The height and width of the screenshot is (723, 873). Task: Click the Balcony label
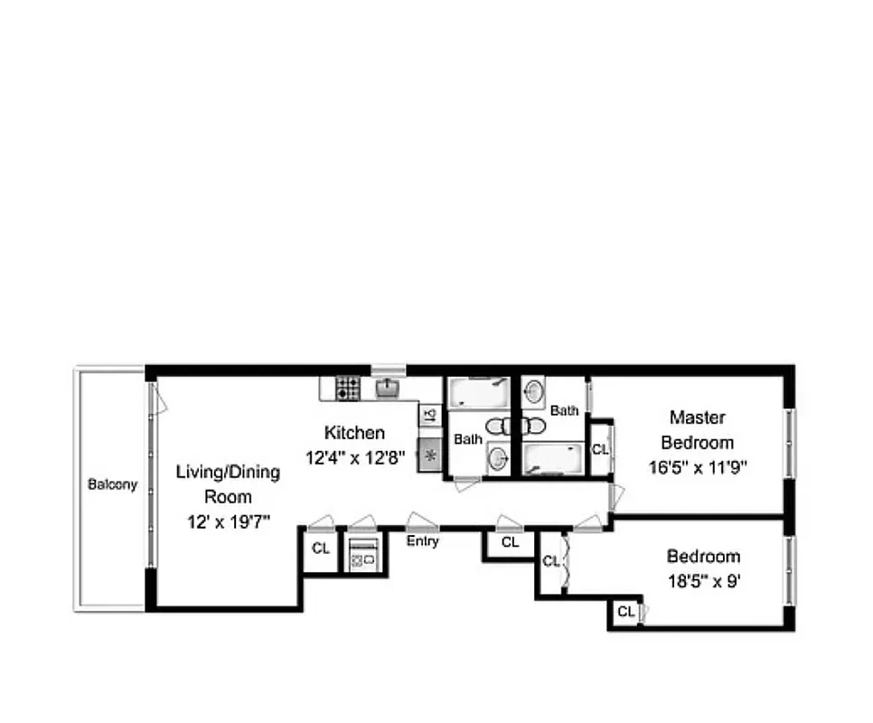pyautogui.click(x=113, y=484)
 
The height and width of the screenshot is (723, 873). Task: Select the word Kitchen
pyautogui.click(x=355, y=433)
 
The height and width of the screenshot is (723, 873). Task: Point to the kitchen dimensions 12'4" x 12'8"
pyautogui.click(x=355, y=457)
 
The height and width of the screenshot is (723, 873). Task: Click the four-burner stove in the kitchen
pyautogui.click(x=348, y=389)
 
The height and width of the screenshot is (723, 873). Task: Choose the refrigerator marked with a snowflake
pyautogui.click(x=430, y=455)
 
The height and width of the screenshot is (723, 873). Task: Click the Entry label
pyautogui.click(x=422, y=541)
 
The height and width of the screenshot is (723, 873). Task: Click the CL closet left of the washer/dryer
pyautogui.click(x=320, y=548)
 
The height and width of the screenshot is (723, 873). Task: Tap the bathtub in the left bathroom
pyautogui.click(x=478, y=394)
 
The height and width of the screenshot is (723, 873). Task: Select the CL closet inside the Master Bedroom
pyautogui.click(x=600, y=448)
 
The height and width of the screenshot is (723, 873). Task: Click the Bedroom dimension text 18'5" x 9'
pyautogui.click(x=703, y=581)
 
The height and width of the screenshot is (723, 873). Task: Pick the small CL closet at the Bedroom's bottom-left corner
pyautogui.click(x=624, y=612)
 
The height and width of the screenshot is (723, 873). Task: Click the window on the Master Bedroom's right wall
pyautogui.click(x=790, y=442)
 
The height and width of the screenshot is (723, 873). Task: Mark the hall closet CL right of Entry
pyautogui.click(x=510, y=542)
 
